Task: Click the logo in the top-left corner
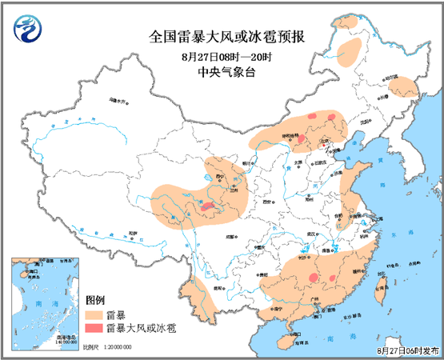coord(28,30)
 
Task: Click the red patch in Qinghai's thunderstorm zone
coord(207,207)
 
